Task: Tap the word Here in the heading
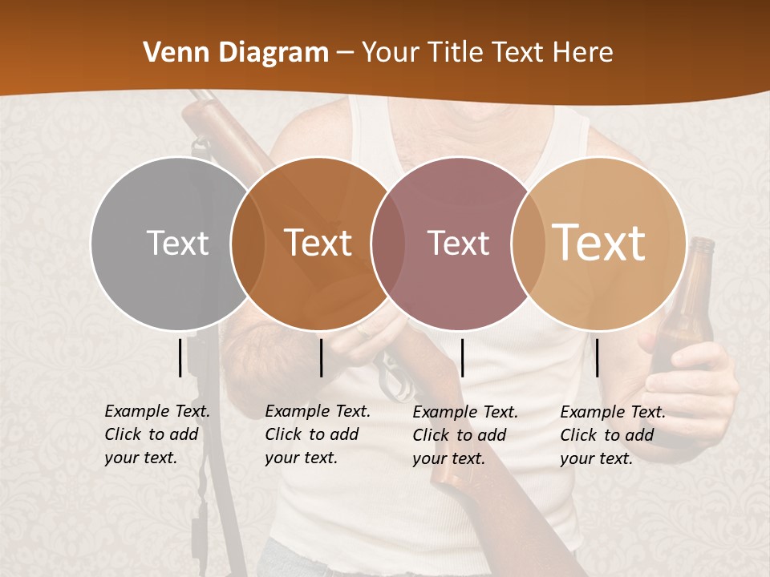[x=583, y=53]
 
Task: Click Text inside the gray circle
[x=178, y=243]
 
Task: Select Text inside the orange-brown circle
[x=318, y=243]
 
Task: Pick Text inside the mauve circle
[x=459, y=243]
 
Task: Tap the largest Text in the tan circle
[x=599, y=243]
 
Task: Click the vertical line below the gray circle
[x=180, y=357]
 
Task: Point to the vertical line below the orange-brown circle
[x=321, y=357]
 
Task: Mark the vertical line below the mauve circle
[x=462, y=357]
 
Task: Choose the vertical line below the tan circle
[x=598, y=357]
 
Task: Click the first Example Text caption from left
[x=157, y=434]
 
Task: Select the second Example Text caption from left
[x=318, y=434]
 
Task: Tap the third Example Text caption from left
[x=465, y=435]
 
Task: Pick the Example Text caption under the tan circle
[x=613, y=435]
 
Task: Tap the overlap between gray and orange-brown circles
[x=248, y=243]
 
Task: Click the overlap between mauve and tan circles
[x=529, y=243]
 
